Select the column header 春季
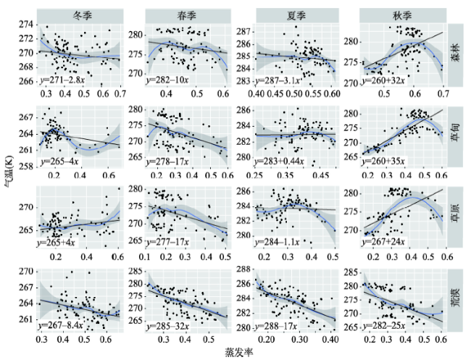(x=187, y=15)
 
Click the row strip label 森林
(x=456, y=54)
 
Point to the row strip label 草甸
(x=456, y=135)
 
